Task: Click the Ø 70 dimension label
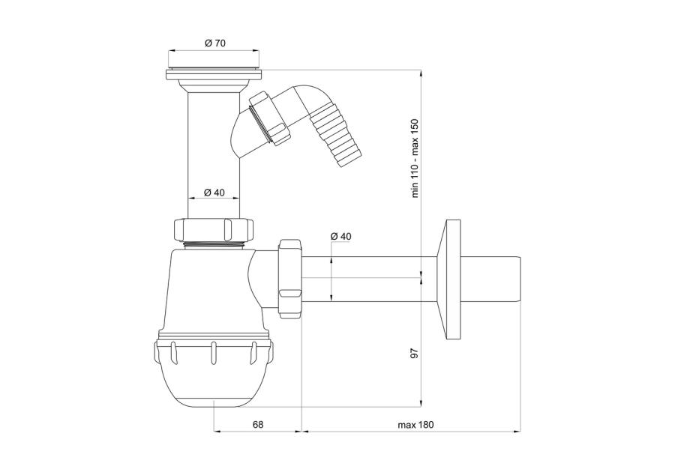[x=214, y=43]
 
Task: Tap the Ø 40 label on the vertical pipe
[x=214, y=193]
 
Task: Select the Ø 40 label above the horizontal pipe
[x=340, y=236]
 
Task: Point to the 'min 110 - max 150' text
[x=415, y=158]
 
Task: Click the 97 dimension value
[x=415, y=354]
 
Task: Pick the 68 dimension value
[x=257, y=424]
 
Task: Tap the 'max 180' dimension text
[x=415, y=425]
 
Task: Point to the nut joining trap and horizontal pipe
[x=290, y=279]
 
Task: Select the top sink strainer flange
[x=214, y=73]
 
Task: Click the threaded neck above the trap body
[x=214, y=245]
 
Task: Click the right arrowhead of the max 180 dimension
[x=517, y=431]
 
